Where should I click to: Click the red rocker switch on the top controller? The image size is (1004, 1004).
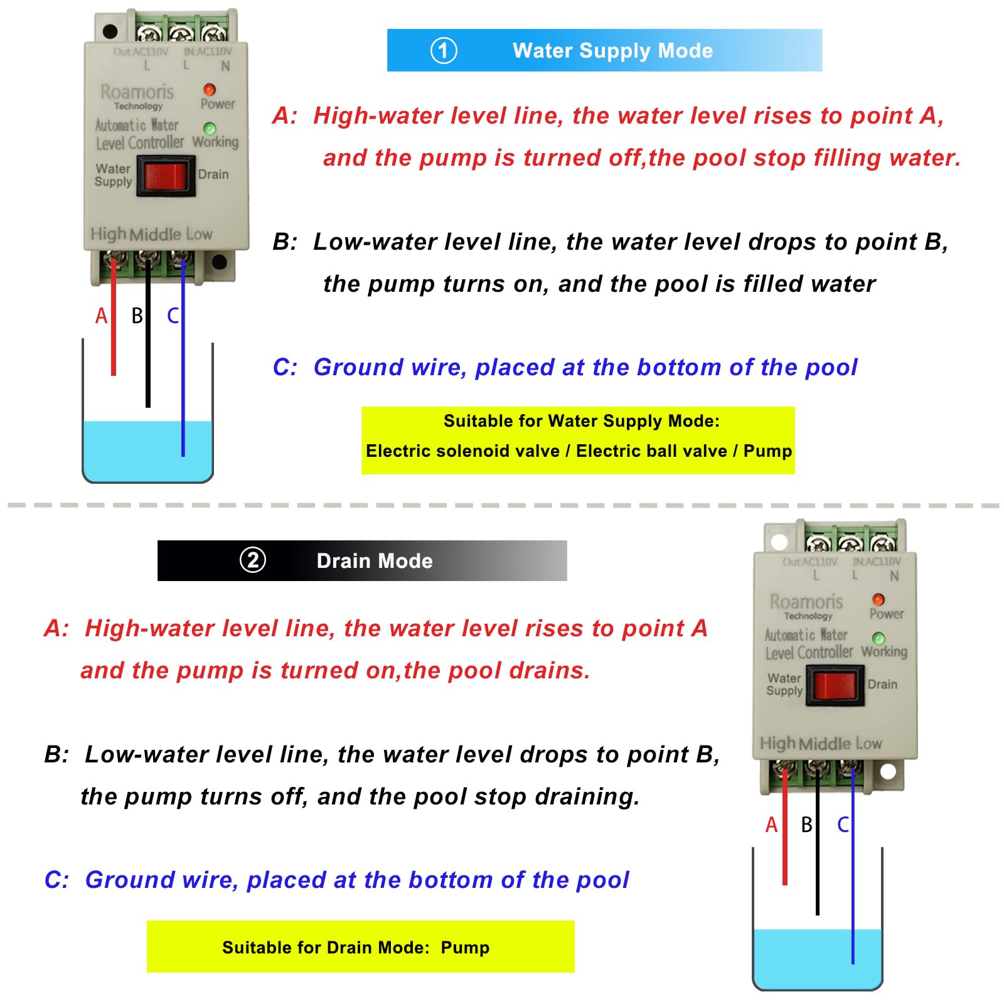(x=166, y=176)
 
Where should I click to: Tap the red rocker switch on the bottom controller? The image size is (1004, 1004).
(x=835, y=686)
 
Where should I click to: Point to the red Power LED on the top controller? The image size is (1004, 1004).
(x=210, y=90)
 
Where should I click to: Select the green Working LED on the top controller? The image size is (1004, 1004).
(x=210, y=128)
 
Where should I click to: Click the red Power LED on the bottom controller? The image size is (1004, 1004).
(x=878, y=600)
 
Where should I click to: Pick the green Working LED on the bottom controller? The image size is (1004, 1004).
(x=878, y=638)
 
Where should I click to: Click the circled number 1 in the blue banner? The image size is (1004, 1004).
(x=444, y=50)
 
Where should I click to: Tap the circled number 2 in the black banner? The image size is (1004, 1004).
(x=253, y=560)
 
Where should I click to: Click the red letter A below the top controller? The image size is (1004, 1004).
(x=102, y=316)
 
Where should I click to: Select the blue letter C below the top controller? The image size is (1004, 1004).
(x=173, y=316)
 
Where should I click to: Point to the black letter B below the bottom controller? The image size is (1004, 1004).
(x=806, y=825)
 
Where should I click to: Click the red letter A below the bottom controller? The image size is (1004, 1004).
(x=772, y=825)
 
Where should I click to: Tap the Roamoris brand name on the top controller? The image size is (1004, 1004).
(x=137, y=92)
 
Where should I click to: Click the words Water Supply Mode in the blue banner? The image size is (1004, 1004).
(x=612, y=50)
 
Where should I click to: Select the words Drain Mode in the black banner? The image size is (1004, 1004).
(x=375, y=560)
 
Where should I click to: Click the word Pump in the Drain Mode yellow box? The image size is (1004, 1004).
(x=465, y=947)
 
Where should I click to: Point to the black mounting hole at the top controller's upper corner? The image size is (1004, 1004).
(x=110, y=31)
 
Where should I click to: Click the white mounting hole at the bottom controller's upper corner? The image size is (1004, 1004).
(x=779, y=541)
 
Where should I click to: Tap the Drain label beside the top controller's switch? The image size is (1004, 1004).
(x=213, y=174)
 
